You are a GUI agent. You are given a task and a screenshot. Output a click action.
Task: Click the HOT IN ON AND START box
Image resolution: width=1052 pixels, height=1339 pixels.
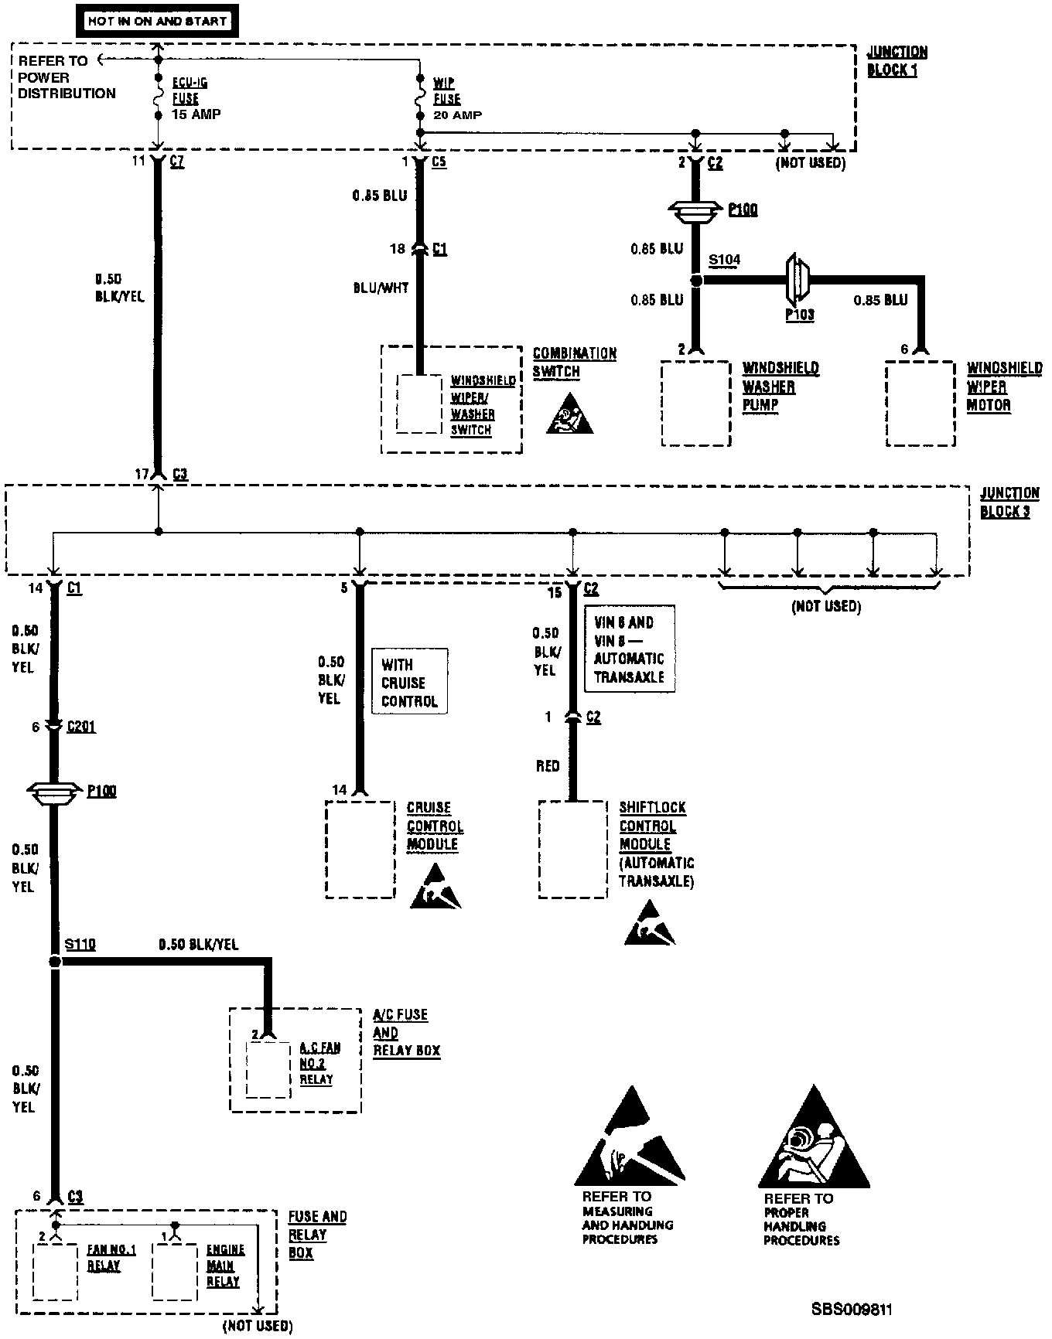(157, 22)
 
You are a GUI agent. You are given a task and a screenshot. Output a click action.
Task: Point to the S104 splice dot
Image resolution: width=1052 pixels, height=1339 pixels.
(696, 281)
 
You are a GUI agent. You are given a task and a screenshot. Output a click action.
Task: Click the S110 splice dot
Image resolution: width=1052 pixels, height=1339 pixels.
(54, 962)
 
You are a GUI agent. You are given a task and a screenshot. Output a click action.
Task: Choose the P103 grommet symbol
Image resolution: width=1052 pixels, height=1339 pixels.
(797, 281)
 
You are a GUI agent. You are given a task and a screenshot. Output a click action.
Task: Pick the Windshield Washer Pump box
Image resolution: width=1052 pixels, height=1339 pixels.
(696, 403)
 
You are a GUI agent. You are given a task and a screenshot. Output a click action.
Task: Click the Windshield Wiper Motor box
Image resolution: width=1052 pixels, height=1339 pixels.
(920, 403)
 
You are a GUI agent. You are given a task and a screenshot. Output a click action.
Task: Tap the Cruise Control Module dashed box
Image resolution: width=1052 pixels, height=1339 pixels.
(360, 849)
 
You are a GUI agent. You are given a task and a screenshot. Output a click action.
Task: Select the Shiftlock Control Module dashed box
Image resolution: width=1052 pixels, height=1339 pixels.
(572, 849)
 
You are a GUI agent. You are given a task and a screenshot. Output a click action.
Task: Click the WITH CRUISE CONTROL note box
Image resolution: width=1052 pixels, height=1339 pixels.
(409, 683)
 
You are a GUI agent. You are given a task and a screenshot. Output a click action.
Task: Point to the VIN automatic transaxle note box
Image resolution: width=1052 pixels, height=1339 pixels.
(629, 649)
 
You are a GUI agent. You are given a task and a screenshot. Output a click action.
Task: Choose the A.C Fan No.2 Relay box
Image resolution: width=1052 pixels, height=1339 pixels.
(268, 1069)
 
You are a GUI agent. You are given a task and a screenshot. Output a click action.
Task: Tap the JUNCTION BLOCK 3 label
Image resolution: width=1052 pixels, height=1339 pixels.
(1009, 503)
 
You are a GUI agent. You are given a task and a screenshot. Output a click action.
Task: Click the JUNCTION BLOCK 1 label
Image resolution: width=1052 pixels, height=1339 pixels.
(897, 61)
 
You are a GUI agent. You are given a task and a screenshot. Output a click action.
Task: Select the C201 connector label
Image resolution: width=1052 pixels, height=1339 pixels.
(81, 727)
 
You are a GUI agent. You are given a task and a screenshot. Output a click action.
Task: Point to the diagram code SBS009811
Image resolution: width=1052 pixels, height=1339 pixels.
(852, 1309)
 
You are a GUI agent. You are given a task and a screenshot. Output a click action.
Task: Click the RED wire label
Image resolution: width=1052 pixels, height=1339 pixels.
(548, 766)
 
